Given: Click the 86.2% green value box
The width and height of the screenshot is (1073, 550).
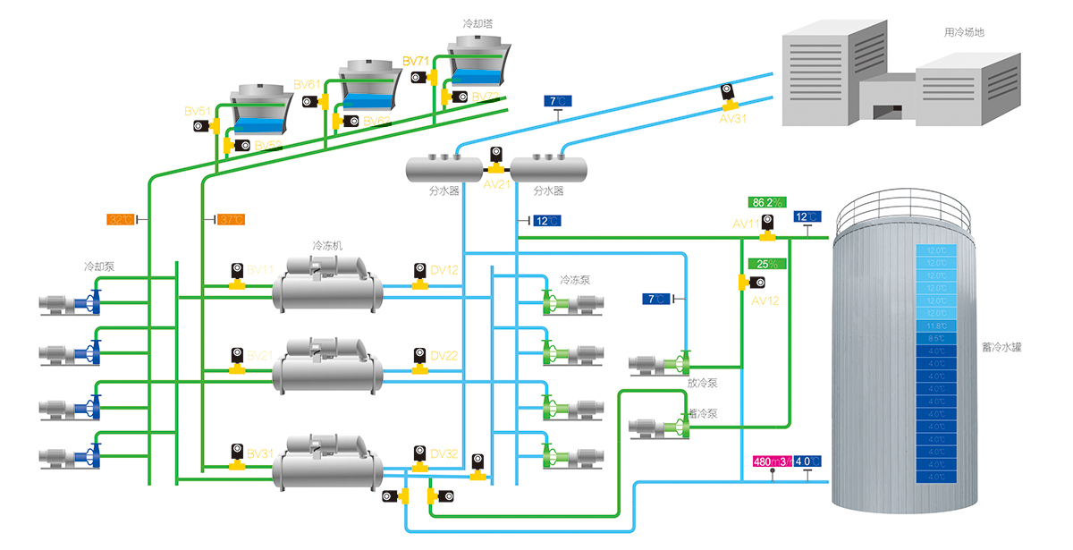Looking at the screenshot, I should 767,202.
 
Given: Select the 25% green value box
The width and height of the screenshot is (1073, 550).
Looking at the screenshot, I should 767,264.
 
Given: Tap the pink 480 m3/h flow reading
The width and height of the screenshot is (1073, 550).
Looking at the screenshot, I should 772,461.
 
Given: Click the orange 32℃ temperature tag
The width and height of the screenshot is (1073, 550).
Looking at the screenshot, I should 121,219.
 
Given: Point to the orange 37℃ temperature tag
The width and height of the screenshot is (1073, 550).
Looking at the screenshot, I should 232,219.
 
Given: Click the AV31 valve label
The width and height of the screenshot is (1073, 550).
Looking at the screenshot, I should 732,116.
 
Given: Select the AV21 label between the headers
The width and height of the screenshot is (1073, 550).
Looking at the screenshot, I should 496,183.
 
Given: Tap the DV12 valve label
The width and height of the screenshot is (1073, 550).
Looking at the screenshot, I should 444,270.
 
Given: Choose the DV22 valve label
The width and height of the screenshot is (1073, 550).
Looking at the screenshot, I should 444,356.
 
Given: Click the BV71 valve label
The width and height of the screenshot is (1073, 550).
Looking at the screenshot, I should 416,61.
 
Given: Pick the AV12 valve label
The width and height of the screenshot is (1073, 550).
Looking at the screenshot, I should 765,300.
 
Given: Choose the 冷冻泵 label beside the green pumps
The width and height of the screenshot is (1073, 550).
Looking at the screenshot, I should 575,280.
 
